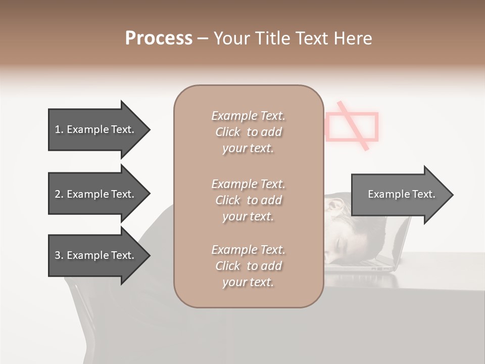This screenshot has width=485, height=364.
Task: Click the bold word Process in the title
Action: [x=159, y=38]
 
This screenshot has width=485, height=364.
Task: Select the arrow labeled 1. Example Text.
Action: [x=94, y=129]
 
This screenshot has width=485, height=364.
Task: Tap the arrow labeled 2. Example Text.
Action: [x=94, y=194]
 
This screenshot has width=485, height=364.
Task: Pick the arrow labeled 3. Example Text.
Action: [x=94, y=255]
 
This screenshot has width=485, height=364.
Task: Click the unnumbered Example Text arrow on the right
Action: [x=401, y=194]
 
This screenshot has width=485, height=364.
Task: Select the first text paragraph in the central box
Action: [x=248, y=132]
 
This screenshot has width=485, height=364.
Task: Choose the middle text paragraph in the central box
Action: [x=248, y=200]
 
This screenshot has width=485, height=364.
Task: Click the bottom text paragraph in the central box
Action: [x=248, y=265]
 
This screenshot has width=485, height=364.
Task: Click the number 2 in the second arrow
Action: [x=57, y=194]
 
